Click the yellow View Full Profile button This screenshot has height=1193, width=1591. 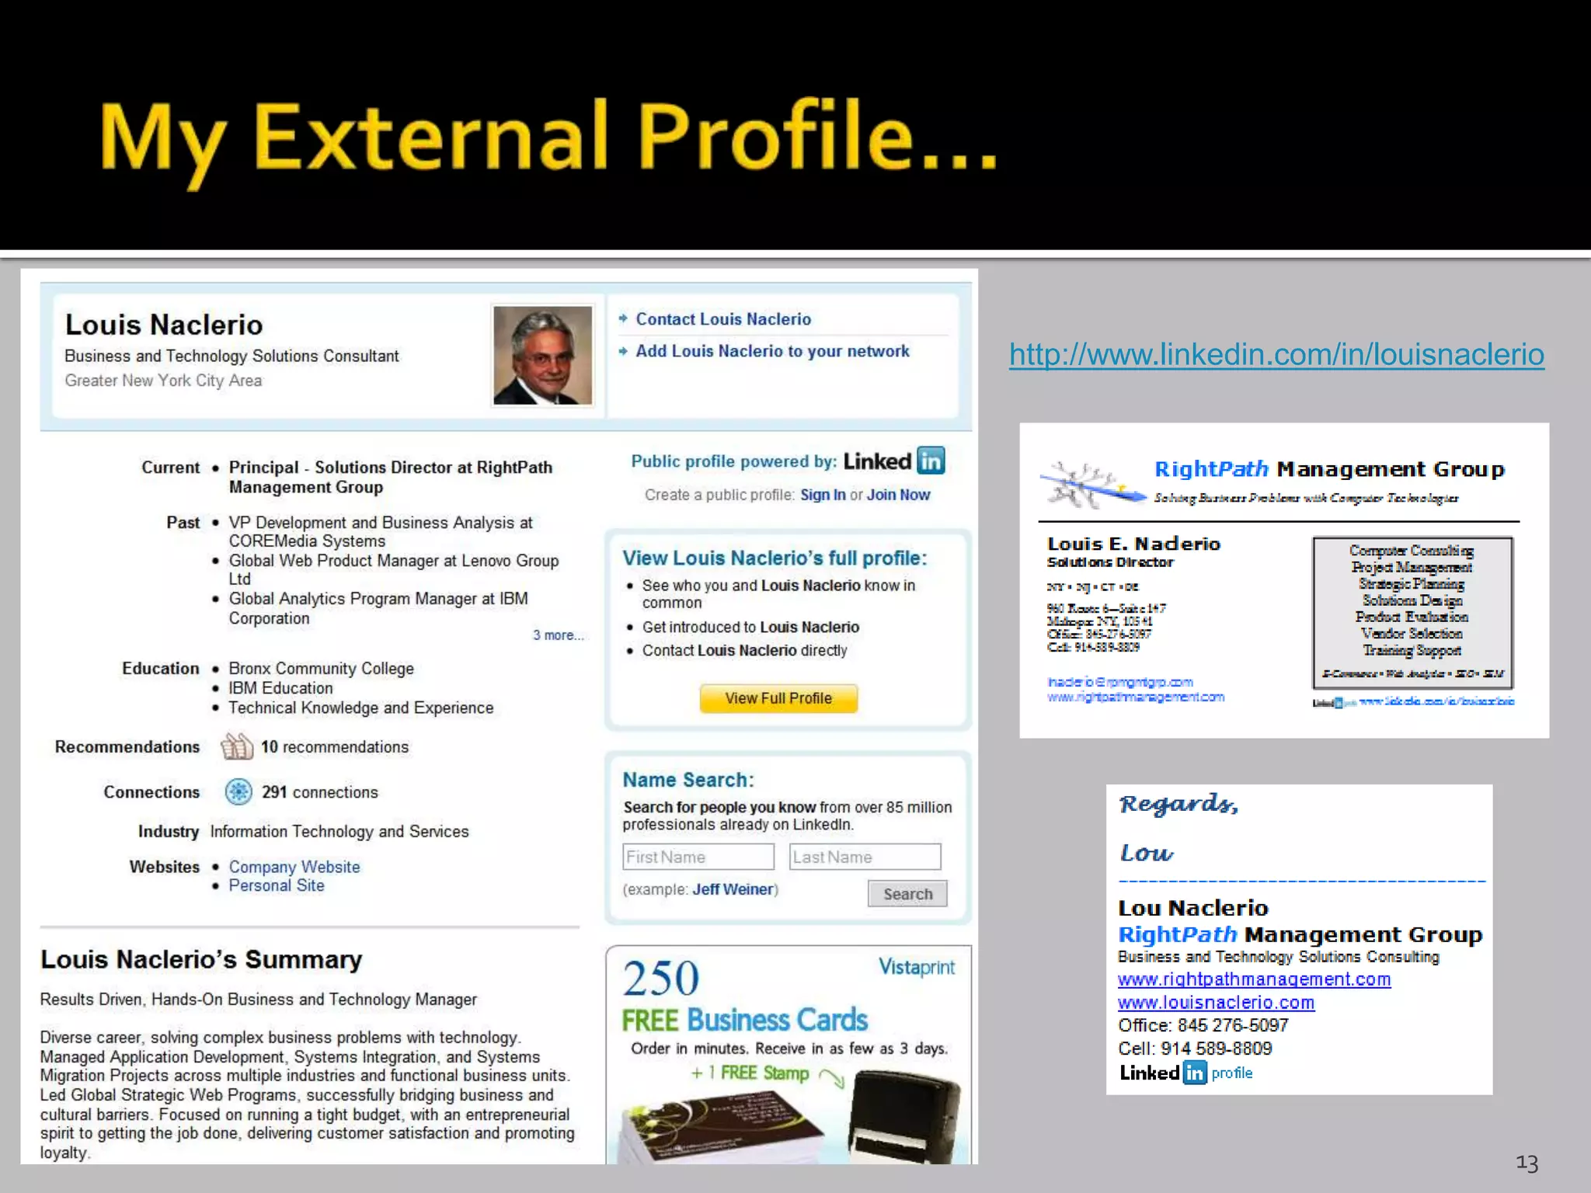point(778,698)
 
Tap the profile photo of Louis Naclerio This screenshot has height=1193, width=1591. point(542,355)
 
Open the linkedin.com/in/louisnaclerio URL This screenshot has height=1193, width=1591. point(1276,354)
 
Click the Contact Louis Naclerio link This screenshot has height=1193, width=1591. point(722,319)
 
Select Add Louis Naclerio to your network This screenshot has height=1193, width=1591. point(771,351)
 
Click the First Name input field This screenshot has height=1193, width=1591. point(698,857)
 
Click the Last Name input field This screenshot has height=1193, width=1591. point(864,857)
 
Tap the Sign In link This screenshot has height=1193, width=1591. point(823,495)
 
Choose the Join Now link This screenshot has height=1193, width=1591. point(898,495)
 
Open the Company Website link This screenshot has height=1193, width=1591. point(294,867)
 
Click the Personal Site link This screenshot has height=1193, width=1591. point(276,885)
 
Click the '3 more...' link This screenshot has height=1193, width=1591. point(557,635)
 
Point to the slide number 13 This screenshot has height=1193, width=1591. point(1527,1163)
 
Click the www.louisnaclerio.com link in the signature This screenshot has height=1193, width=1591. point(1216,1003)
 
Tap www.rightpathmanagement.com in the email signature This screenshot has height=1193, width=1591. point(1254,979)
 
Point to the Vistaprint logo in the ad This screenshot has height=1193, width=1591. point(916,967)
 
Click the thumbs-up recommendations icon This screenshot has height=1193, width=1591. point(237,746)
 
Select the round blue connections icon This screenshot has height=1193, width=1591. point(238,791)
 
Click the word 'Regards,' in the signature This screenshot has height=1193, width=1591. point(1178,804)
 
